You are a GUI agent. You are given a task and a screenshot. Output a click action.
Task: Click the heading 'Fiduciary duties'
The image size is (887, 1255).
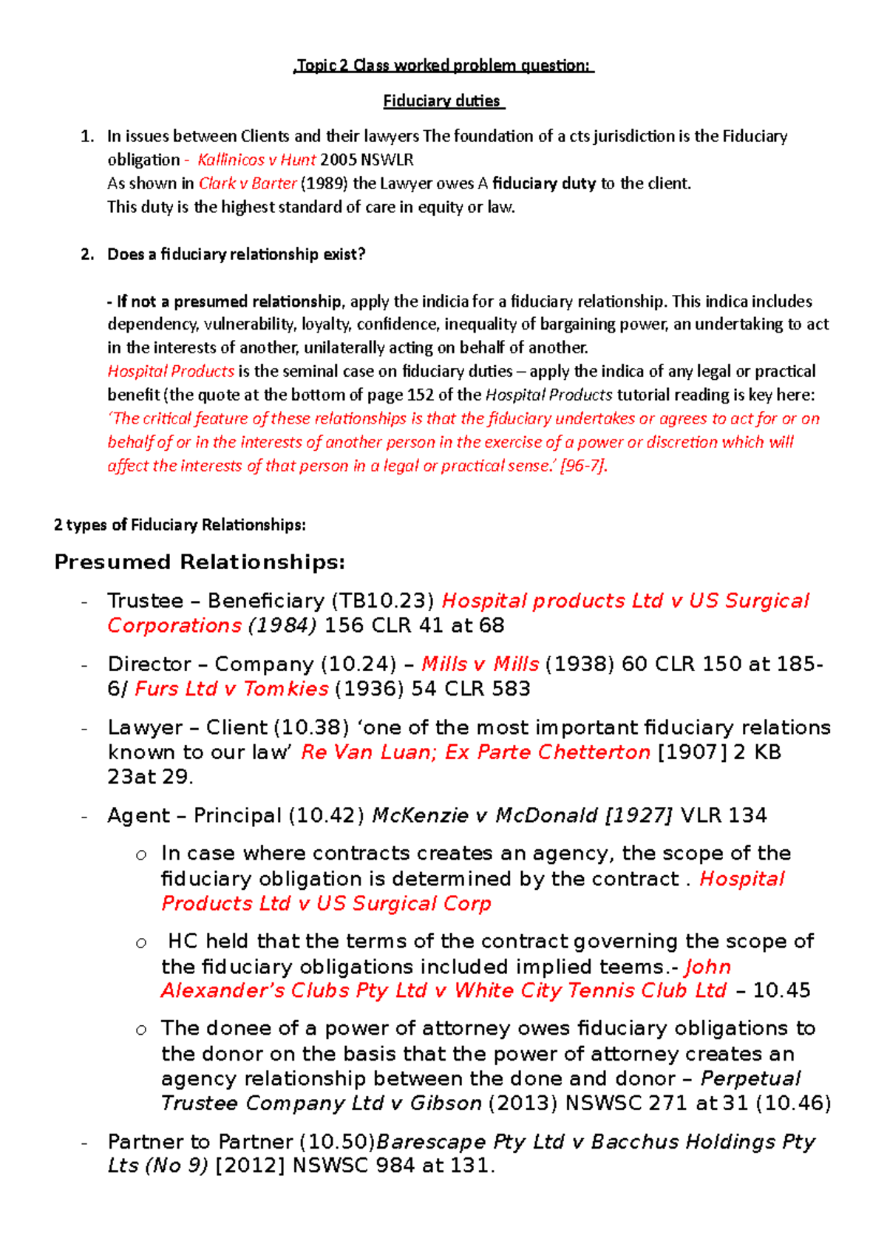click(x=442, y=101)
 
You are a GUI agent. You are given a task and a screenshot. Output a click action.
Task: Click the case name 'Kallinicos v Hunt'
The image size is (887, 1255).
click(x=256, y=160)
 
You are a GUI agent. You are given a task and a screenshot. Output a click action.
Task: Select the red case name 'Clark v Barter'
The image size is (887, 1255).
click(x=248, y=183)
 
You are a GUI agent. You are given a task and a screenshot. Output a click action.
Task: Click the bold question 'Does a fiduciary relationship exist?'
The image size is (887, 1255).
click(x=237, y=254)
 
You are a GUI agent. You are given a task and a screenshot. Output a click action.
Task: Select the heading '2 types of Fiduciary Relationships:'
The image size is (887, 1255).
click(x=180, y=525)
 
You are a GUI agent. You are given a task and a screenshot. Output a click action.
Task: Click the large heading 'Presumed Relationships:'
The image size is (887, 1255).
click(x=200, y=562)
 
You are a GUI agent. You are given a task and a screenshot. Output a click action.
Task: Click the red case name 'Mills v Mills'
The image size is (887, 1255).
click(x=480, y=664)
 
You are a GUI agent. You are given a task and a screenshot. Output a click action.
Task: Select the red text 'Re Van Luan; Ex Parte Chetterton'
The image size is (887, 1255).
click(x=475, y=752)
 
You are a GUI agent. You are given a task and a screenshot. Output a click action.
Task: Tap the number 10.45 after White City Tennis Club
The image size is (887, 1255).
click(x=781, y=990)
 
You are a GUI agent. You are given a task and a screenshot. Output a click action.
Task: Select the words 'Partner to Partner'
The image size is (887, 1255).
click(x=200, y=1142)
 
